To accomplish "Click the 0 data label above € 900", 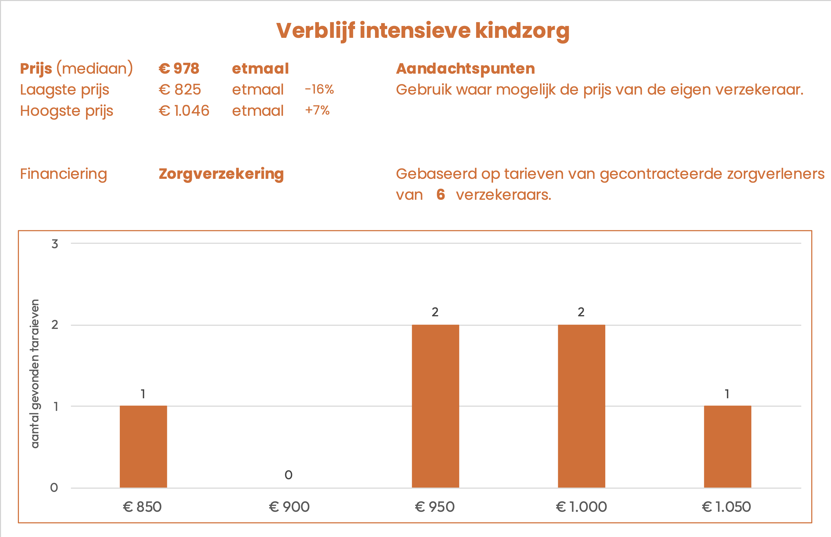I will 288,475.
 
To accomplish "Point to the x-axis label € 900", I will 289,507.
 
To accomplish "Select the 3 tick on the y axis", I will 55,244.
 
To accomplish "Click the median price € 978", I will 179,68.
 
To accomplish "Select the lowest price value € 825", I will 180,90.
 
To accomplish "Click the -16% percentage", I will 319,89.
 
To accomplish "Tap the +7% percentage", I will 317,110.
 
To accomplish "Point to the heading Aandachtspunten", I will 465,68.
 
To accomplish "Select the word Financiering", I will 64,174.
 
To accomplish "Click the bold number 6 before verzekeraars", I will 441,194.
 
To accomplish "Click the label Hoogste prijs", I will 67,111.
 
